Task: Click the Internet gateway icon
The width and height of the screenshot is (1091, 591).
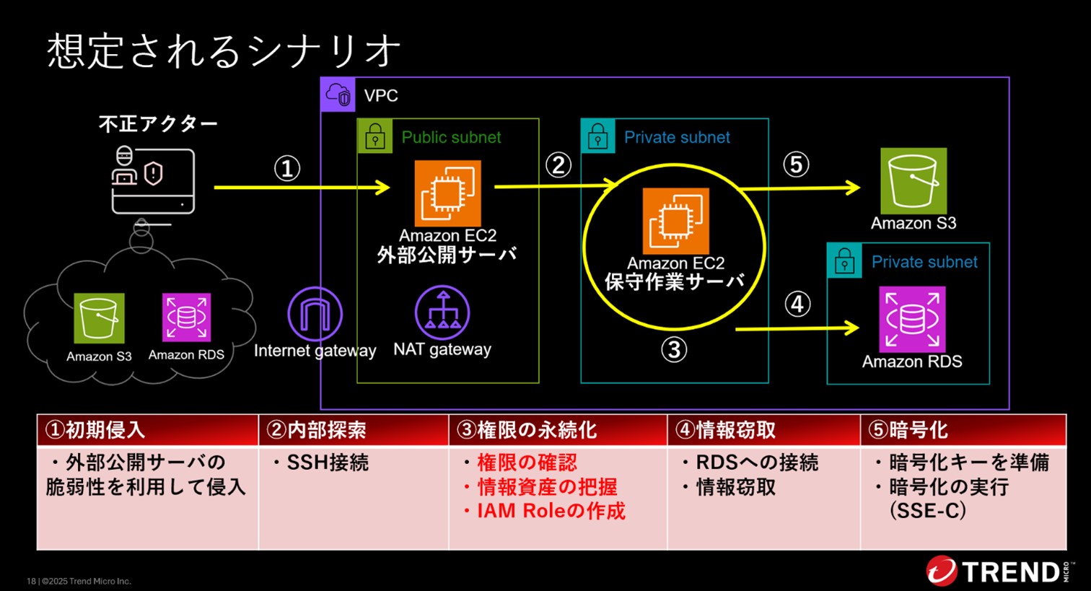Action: pyautogui.click(x=315, y=314)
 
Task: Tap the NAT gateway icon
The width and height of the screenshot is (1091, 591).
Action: pyautogui.click(x=442, y=312)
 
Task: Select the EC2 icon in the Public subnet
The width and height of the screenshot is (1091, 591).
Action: pyautogui.click(x=447, y=193)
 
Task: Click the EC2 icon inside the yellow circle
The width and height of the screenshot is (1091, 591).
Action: pyautogui.click(x=675, y=221)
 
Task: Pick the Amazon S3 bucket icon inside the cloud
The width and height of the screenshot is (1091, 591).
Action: pyautogui.click(x=99, y=318)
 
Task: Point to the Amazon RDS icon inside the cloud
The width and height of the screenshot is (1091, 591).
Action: pyautogui.click(x=186, y=318)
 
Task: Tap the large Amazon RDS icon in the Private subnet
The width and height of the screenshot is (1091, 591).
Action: pyautogui.click(x=912, y=319)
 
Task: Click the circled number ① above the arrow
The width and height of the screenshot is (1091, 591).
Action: pyautogui.click(x=286, y=169)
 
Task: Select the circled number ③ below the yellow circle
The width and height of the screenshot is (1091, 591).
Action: pyautogui.click(x=674, y=350)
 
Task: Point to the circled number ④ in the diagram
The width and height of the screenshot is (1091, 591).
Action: pyautogui.click(x=797, y=305)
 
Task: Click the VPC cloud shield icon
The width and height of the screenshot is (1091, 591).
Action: pyautogui.click(x=338, y=95)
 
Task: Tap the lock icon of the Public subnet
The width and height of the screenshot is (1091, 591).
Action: pyautogui.click(x=374, y=136)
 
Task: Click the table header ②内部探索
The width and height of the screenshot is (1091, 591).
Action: pyautogui.click(x=316, y=431)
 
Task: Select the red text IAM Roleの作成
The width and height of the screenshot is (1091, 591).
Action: pyautogui.click(x=545, y=511)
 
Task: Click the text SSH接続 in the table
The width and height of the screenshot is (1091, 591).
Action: pyautogui.click(x=321, y=463)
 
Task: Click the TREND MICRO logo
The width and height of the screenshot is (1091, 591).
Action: pyautogui.click(x=999, y=572)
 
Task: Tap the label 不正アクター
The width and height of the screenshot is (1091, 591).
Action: pyautogui.click(x=158, y=124)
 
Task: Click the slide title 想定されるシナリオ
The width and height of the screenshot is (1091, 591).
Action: pyautogui.click(x=224, y=51)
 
